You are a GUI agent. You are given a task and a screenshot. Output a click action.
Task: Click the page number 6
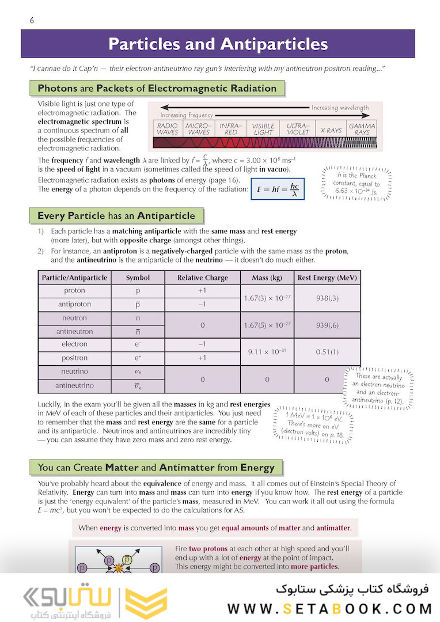(x=32, y=21)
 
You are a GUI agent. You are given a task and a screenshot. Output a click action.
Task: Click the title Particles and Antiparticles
(x=218, y=44)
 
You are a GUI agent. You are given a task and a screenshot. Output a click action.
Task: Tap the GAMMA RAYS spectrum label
(x=362, y=128)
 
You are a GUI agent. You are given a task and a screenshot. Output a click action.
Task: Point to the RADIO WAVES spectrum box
(x=168, y=128)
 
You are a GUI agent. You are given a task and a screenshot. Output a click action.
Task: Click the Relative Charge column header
(x=202, y=278)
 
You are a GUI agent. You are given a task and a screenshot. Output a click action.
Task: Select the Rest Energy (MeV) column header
(x=327, y=278)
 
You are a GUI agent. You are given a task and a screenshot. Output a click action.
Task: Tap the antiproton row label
(x=74, y=305)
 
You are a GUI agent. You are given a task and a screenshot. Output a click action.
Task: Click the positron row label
(x=74, y=358)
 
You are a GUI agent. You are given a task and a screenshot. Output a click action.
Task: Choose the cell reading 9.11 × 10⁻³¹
(x=267, y=351)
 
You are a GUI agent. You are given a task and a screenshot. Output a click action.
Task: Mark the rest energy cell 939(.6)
(x=327, y=325)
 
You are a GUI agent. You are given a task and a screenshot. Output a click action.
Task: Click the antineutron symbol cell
(x=138, y=332)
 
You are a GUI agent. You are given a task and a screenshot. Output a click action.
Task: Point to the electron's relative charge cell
(x=202, y=344)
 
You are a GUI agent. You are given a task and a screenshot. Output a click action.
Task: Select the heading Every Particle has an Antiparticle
(x=116, y=216)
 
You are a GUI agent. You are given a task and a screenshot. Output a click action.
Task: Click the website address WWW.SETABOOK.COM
(x=329, y=609)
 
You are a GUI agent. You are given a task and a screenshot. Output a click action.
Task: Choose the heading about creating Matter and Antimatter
(x=156, y=467)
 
